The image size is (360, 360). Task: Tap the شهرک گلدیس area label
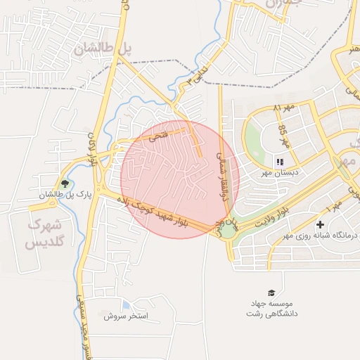click(x=44, y=234)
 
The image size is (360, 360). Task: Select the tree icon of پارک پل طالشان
click(x=65, y=184)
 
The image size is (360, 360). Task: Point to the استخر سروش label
click(x=125, y=316)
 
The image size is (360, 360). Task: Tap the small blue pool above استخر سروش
click(x=126, y=306)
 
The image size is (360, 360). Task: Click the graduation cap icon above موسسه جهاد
click(x=271, y=292)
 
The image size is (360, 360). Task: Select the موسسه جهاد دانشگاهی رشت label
click(x=271, y=308)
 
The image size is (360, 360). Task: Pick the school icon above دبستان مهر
click(x=280, y=162)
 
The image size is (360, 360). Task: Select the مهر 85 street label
click(x=283, y=134)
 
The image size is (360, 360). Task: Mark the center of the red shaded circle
click(x=179, y=179)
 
